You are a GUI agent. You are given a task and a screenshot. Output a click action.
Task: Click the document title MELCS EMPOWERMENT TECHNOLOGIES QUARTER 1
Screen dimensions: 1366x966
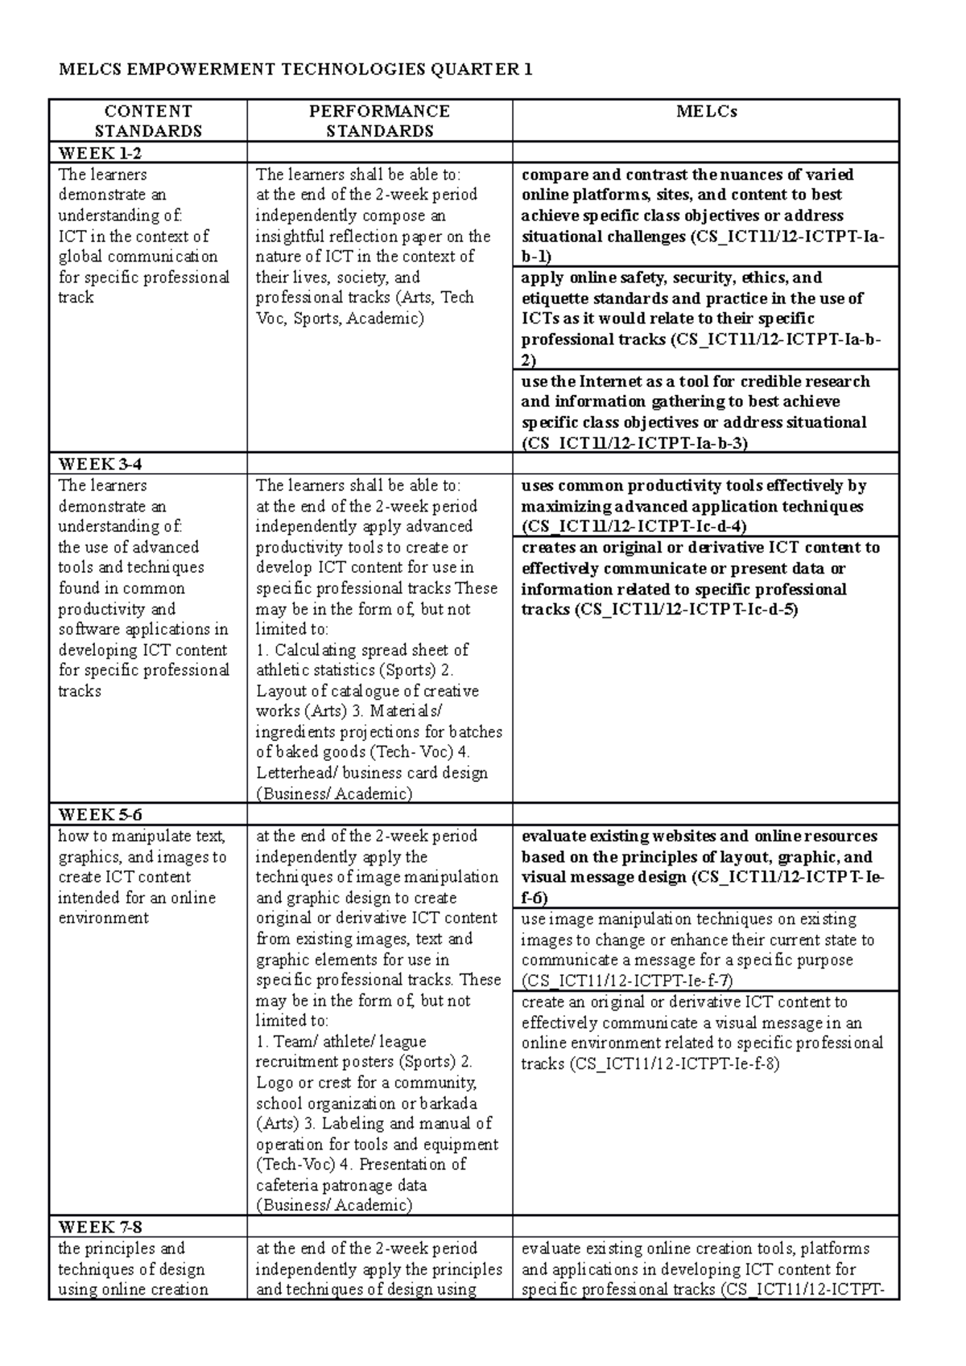[295, 69]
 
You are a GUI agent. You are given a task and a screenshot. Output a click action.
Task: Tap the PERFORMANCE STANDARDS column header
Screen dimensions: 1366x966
[379, 121]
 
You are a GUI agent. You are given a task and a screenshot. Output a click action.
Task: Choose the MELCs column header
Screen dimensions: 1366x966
[706, 111]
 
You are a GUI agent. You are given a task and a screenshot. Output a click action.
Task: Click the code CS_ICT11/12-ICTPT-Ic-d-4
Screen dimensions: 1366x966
[634, 527]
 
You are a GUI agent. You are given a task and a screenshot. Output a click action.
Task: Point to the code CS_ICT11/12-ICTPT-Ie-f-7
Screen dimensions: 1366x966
[627, 981]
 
